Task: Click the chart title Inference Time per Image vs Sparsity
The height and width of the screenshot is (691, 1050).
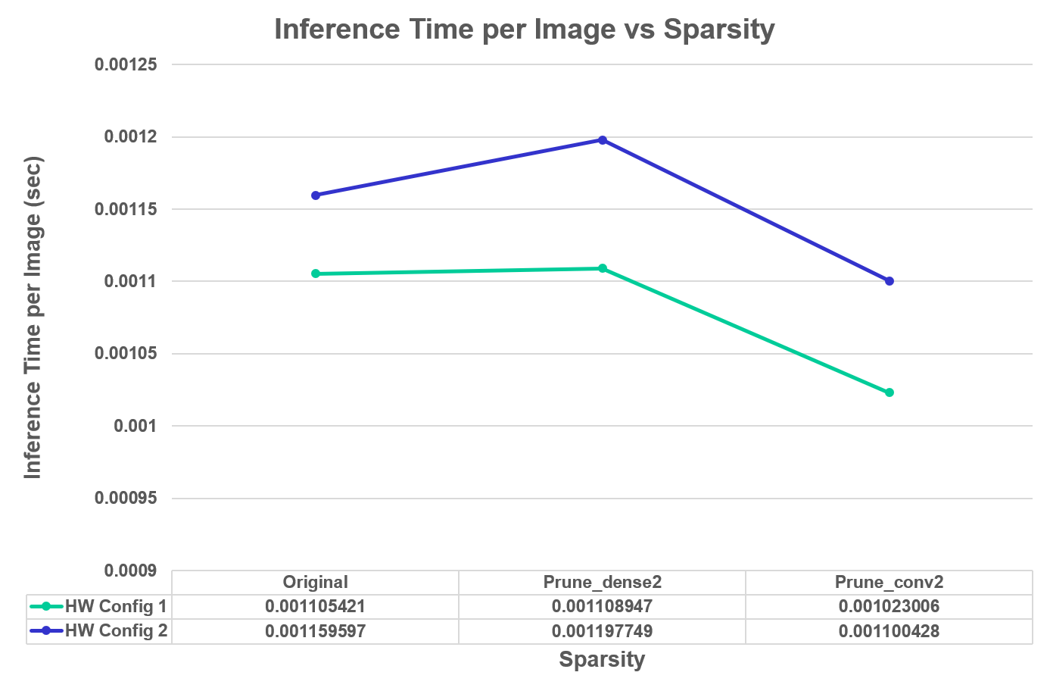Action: [x=524, y=30]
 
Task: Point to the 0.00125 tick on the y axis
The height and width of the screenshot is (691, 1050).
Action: [x=126, y=64]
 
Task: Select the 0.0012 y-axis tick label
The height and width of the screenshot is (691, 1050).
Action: [x=131, y=137]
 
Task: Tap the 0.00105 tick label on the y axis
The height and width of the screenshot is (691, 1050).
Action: [x=126, y=354]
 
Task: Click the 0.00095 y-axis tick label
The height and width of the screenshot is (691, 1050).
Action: [x=126, y=499]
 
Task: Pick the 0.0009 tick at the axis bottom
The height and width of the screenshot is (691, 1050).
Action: [x=131, y=571]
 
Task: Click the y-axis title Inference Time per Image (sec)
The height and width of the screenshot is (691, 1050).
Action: [x=33, y=317]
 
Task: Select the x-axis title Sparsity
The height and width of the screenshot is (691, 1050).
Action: [x=602, y=659]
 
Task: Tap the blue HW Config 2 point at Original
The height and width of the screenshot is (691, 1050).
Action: [x=316, y=195]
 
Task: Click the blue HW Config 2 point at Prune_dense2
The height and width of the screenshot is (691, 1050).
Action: [x=603, y=140]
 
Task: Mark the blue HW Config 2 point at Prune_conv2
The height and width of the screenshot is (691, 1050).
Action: [x=890, y=281]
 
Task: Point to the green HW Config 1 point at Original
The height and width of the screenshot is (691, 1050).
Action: [x=316, y=274]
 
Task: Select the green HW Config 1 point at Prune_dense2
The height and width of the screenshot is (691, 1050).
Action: [x=603, y=268]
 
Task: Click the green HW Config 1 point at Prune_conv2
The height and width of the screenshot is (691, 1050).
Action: [x=890, y=392]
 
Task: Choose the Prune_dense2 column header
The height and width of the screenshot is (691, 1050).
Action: [x=602, y=582]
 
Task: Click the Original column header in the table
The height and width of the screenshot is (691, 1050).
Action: [x=315, y=582]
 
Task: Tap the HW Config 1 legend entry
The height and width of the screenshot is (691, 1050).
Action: [x=99, y=606]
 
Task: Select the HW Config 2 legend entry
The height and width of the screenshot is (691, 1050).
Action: [x=99, y=630]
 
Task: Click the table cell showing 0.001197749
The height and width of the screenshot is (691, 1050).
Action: [x=602, y=631]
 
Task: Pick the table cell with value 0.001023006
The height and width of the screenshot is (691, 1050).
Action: [x=889, y=606]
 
